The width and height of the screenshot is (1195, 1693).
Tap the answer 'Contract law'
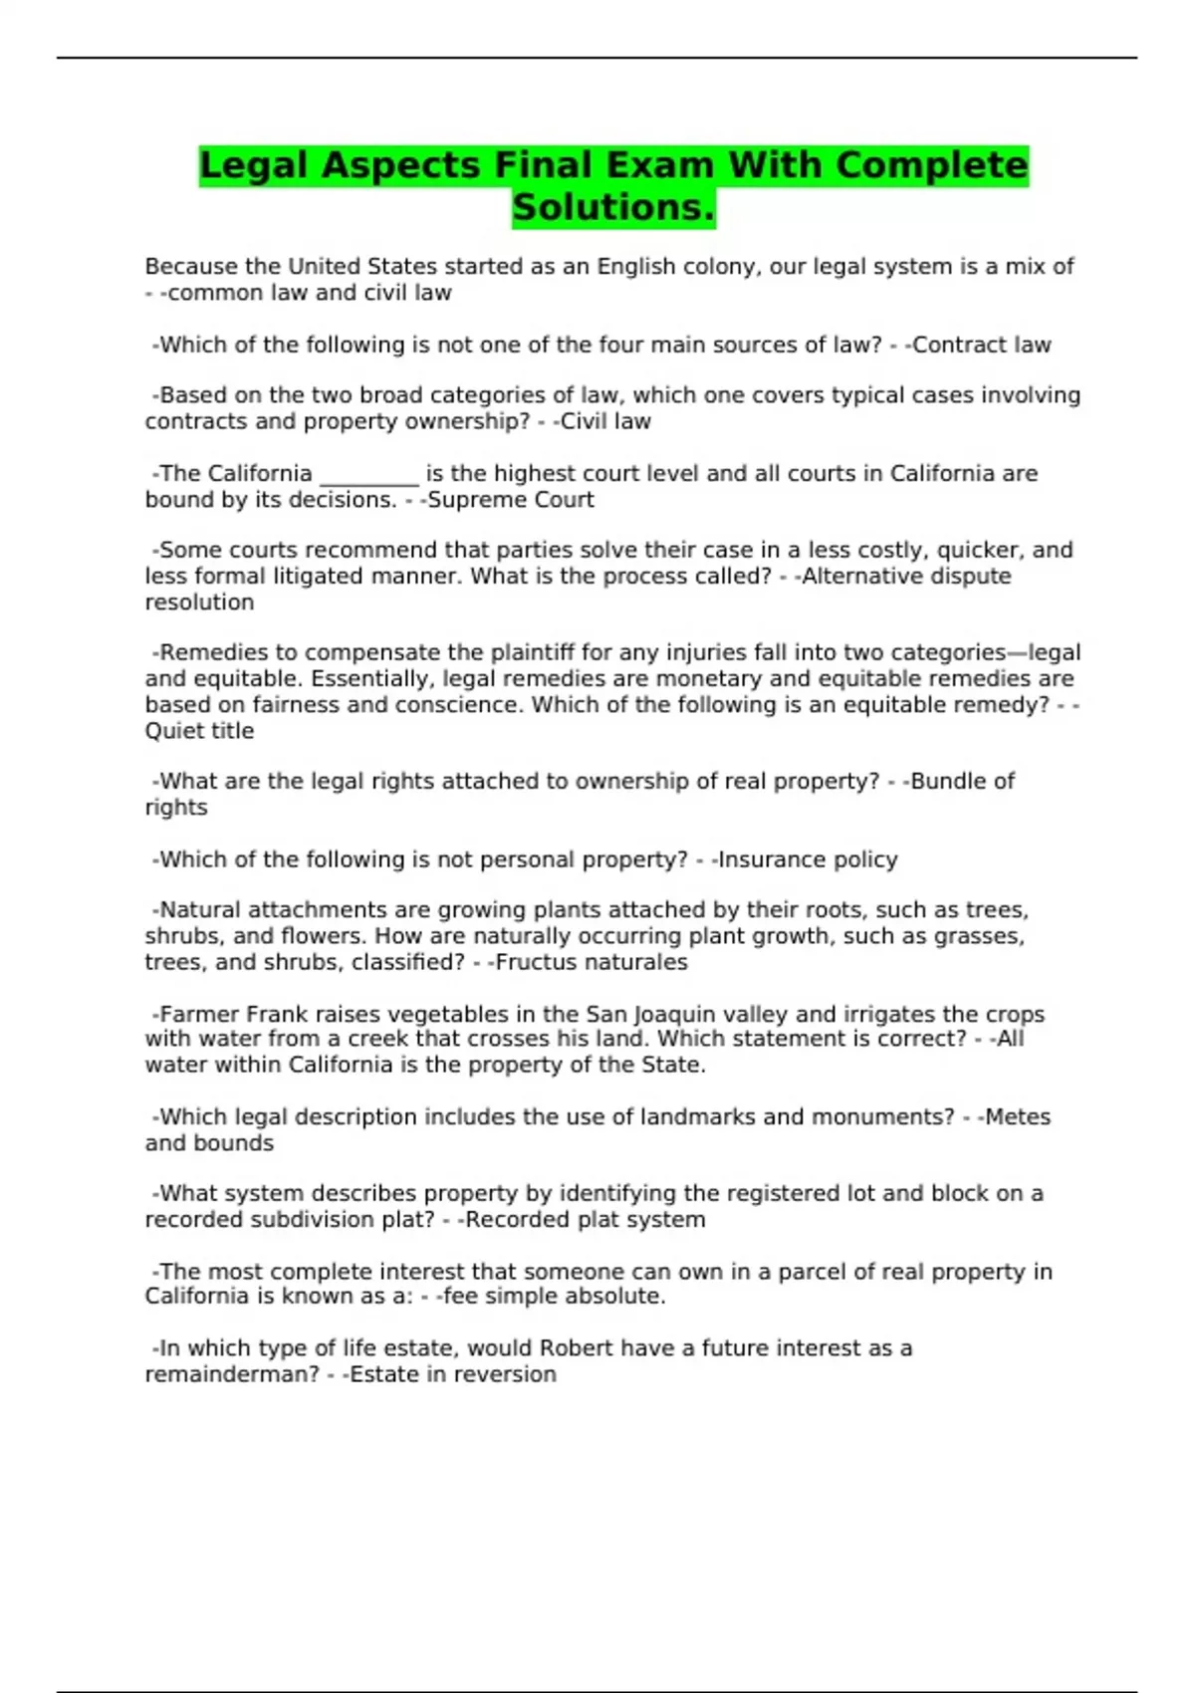pyautogui.click(x=981, y=346)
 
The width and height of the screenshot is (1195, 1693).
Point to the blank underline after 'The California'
pyautogui.click(x=368, y=475)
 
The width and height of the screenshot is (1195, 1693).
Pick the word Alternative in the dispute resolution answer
pyautogui.click(x=856, y=577)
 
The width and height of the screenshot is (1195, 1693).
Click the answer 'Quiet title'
pyautogui.click(x=199, y=731)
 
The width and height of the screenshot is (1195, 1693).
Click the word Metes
pyautogui.click(x=1017, y=1117)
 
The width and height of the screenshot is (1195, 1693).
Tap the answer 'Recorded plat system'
pyautogui.click(x=585, y=1220)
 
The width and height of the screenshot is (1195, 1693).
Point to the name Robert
pyautogui.click(x=578, y=1348)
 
